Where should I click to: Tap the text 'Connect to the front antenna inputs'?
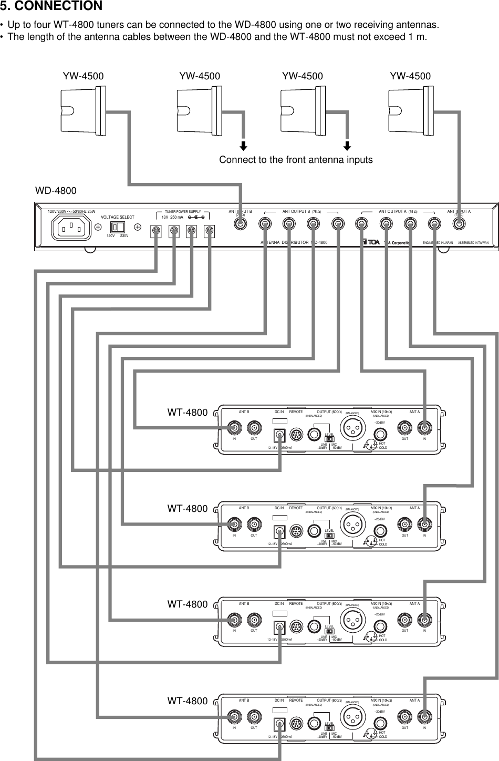tap(296, 160)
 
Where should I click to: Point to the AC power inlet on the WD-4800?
tap(70, 228)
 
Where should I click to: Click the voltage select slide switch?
tap(118, 227)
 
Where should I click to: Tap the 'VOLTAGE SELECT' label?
tap(117, 217)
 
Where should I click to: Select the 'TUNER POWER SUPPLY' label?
tap(183, 211)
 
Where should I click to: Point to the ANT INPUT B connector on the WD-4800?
tap(240, 223)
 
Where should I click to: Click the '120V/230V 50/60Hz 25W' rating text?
tap(71, 211)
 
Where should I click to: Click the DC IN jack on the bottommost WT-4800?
tap(279, 724)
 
